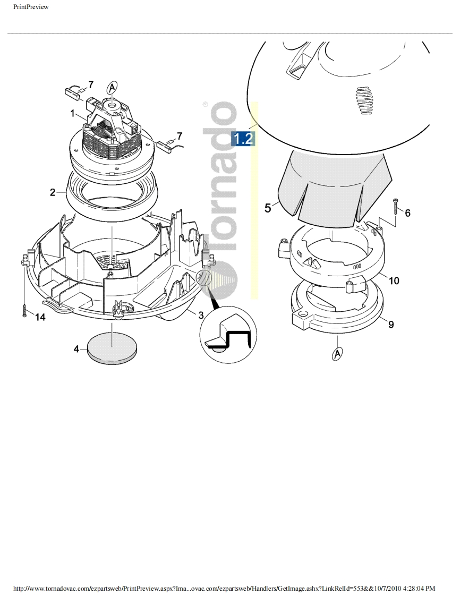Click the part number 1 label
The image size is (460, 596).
click(x=73, y=113)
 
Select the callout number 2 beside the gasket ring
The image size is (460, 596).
click(x=53, y=192)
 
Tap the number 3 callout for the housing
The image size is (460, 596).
click(x=201, y=314)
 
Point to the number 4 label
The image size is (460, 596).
click(x=76, y=348)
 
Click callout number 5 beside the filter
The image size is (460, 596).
click(x=268, y=208)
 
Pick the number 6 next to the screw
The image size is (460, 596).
click(x=407, y=213)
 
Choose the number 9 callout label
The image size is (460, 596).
click(x=391, y=324)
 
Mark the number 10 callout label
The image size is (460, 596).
click(x=394, y=280)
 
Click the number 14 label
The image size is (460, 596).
click(x=40, y=317)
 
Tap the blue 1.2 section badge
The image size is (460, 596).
click(x=243, y=139)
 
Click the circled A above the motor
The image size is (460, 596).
click(x=112, y=88)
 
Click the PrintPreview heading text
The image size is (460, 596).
click(x=31, y=7)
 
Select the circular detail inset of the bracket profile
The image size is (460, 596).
click(x=228, y=332)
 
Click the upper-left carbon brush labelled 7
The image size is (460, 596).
click(x=74, y=93)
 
